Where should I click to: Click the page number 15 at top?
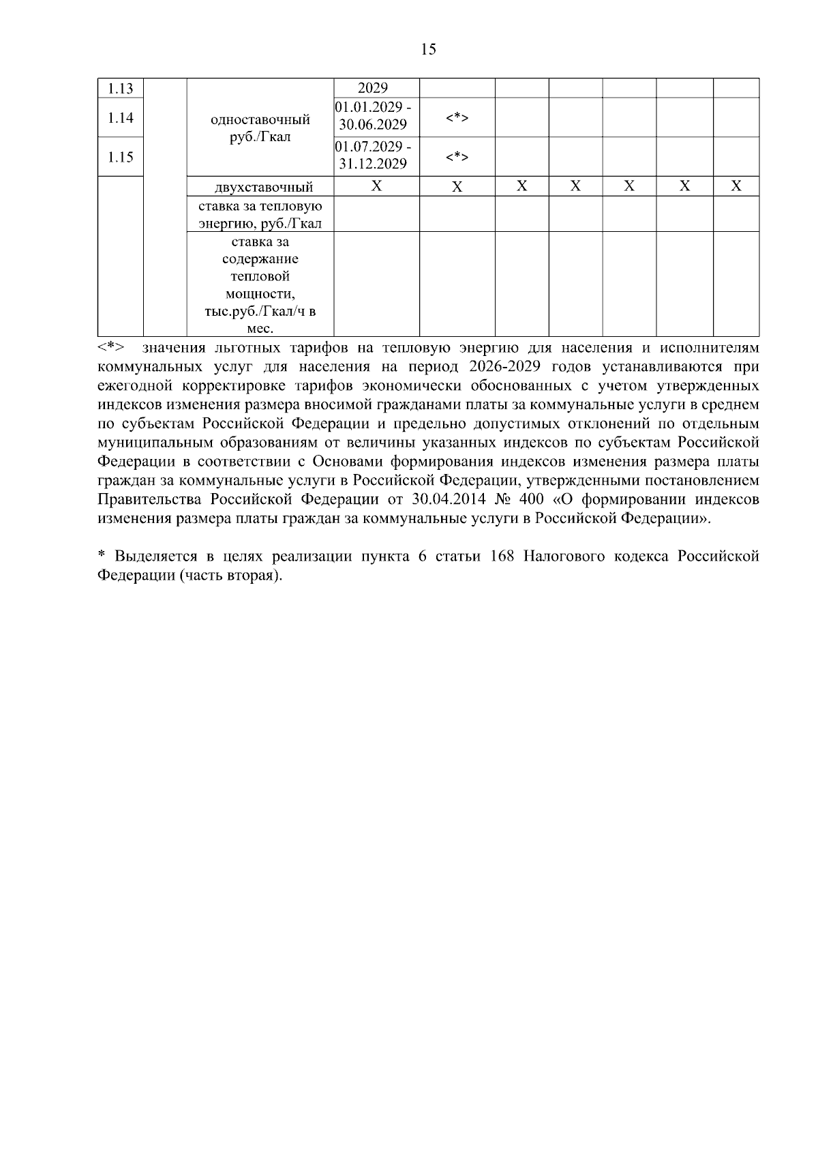pyautogui.click(x=429, y=49)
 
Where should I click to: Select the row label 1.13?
pyautogui.click(x=121, y=89)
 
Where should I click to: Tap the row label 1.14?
pyautogui.click(x=121, y=118)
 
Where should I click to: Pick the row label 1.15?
pyautogui.click(x=121, y=158)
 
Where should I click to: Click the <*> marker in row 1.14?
pyautogui.click(x=457, y=118)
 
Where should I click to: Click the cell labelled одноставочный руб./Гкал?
pyautogui.click(x=260, y=128)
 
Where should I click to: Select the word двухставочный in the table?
pyautogui.click(x=260, y=187)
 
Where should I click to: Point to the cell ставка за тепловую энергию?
pyautogui.click(x=260, y=214)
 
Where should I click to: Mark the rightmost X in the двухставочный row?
pyautogui.click(x=736, y=186)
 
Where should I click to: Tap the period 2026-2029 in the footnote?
pyautogui.click(x=505, y=367)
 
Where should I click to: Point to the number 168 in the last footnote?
pyautogui.click(x=503, y=556)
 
